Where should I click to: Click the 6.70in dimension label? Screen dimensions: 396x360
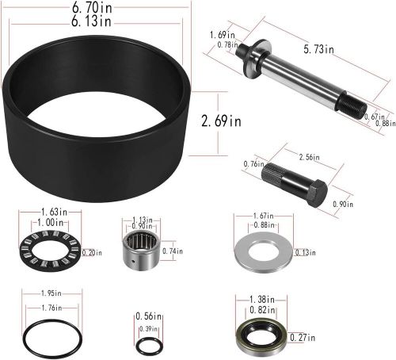92,7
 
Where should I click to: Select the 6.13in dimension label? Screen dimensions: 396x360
91,21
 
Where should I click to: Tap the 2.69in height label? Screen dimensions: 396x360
221,121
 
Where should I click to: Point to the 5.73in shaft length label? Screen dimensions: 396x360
318,49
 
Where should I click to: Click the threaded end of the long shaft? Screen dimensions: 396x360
352,106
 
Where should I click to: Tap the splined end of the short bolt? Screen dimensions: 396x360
272,172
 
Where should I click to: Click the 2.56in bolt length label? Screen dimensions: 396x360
309,157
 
